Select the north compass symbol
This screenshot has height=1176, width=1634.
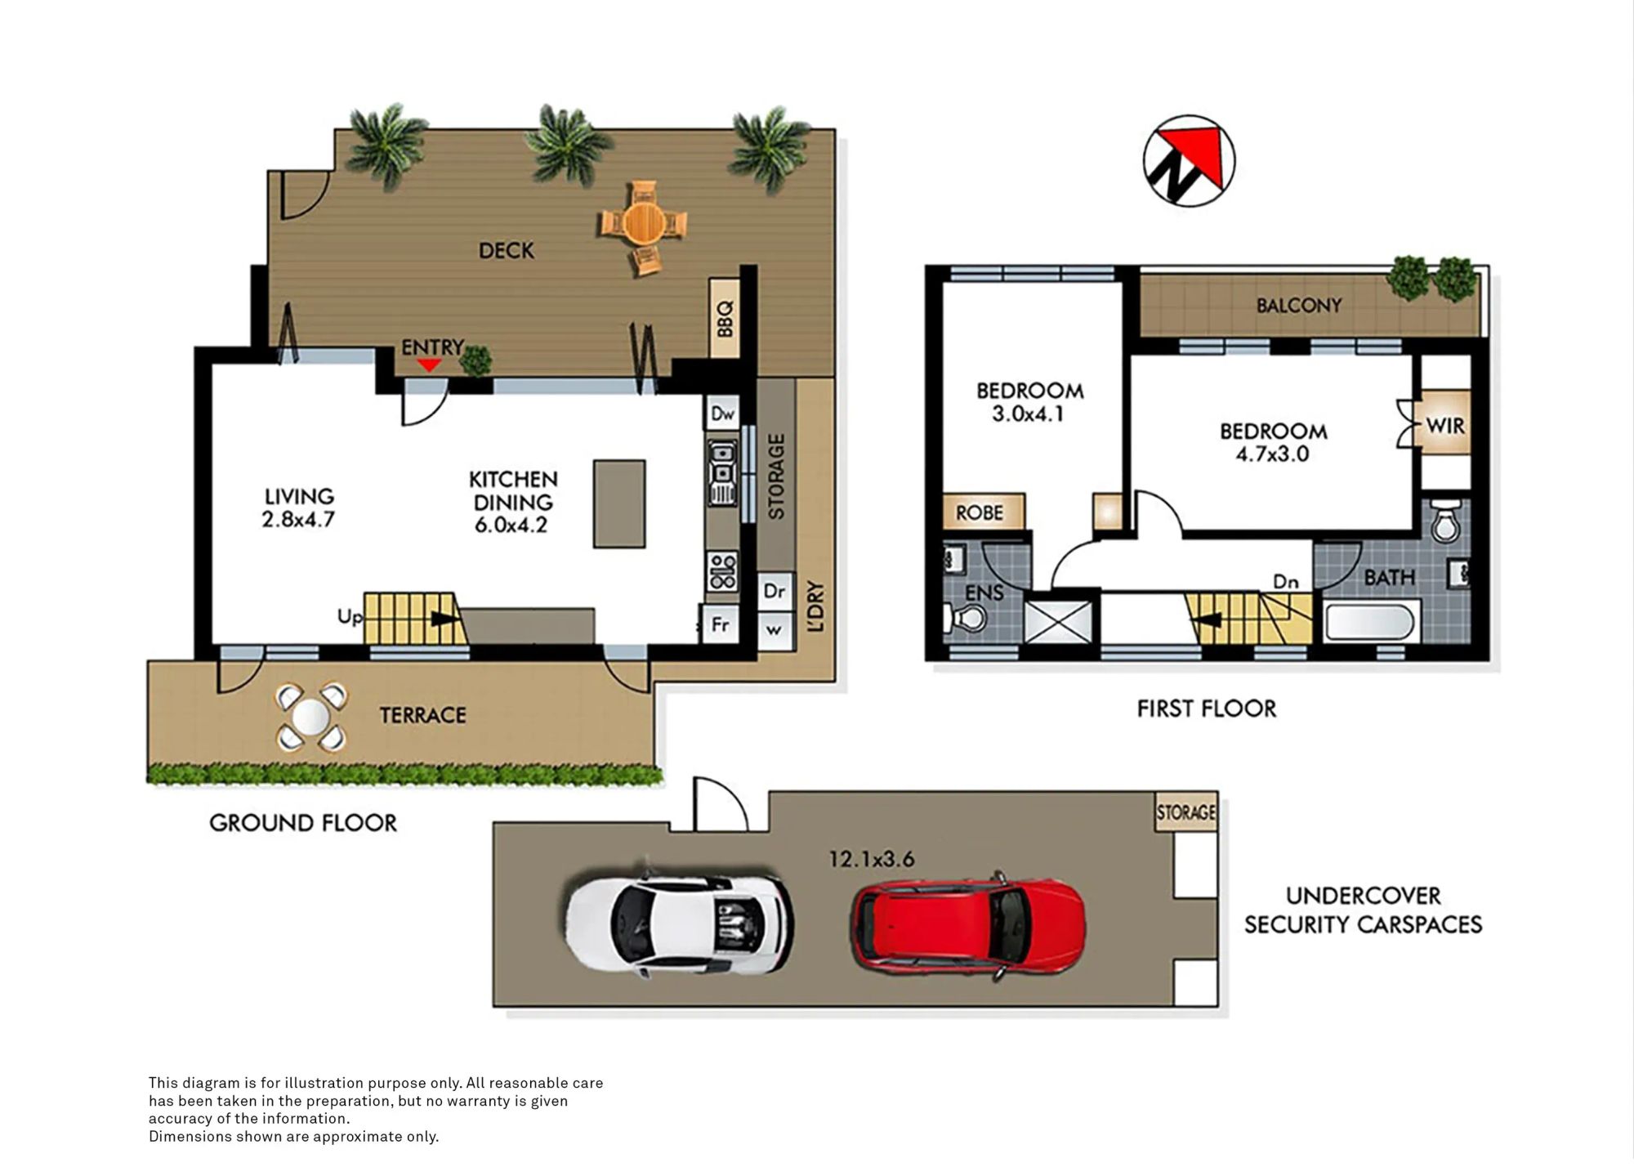click(1189, 161)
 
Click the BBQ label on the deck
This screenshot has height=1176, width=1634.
click(725, 318)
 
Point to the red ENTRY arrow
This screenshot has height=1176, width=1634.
click(428, 364)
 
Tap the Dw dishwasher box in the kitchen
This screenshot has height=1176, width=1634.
click(722, 414)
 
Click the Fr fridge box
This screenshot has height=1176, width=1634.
click(720, 625)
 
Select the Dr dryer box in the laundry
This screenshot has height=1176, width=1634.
click(775, 590)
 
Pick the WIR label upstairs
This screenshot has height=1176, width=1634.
click(1444, 426)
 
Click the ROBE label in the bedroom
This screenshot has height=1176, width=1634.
click(980, 512)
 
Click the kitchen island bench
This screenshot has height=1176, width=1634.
click(619, 503)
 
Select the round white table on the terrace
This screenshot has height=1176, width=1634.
click(310, 718)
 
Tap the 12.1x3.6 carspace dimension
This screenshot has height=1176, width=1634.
click(872, 859)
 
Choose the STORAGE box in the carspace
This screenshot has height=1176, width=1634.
click(1186, 812)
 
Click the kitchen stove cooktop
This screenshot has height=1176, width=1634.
click(722, 570)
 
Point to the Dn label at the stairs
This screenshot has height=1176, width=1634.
click(1286, 582)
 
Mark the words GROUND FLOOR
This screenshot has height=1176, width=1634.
click(303, 823)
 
